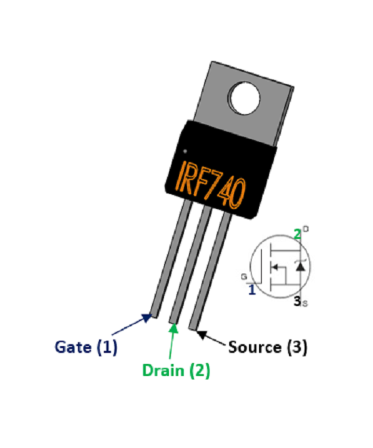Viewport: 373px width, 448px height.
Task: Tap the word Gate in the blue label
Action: pyautogui.click(x=73, y=348)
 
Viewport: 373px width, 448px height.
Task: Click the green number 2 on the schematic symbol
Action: pyautogui.click(x=296, y=234)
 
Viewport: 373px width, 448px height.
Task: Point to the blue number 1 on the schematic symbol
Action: pyautogui.click(x=252, y=290)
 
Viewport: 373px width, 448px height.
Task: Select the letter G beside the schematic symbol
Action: pyautogui.click(x=243, y=277)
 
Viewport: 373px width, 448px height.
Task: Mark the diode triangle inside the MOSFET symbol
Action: pyautogui.click(x=302, y=266)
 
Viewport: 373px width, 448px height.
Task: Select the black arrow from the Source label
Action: pyautogui.click(x=211, y=335)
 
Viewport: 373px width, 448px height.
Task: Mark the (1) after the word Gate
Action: pyautogui.click(x=106, y=348)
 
